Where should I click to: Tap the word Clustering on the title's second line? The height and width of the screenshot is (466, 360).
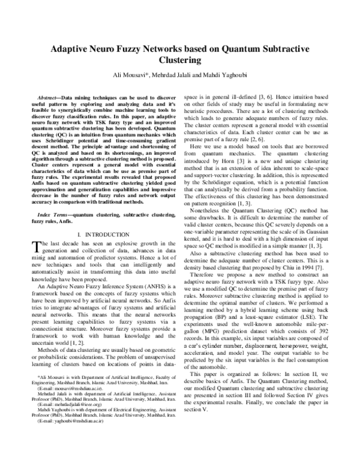[x=179, y=61]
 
